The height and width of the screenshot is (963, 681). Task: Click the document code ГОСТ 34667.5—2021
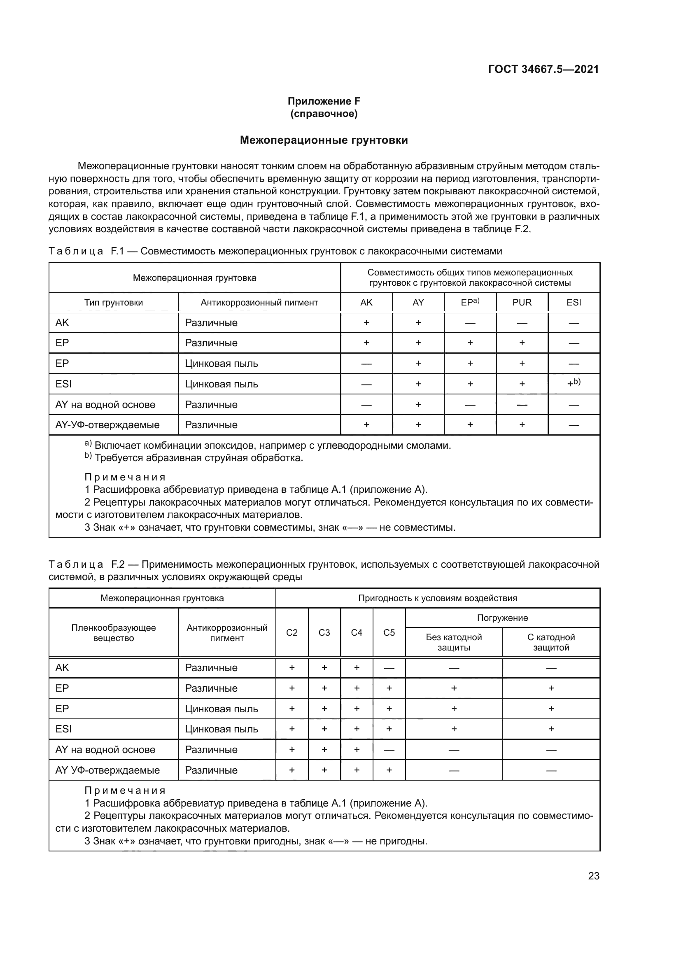[x=543, y=69]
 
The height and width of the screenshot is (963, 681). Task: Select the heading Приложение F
[x=324, y=101]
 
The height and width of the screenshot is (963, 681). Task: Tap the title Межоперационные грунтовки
[x=324, y=140]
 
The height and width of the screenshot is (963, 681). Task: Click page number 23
[x=593, y=876]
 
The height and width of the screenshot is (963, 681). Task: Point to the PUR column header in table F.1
[x=522, y=303]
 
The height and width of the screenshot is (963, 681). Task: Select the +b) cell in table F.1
[x=573, y=383]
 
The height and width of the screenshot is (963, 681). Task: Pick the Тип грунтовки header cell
[x=114, y=303]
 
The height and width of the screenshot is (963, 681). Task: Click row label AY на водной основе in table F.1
[x=105, y=404]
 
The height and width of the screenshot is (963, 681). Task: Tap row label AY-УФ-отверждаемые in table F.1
[x=107, y=424]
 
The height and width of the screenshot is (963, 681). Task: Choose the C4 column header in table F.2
[x=357, y=632]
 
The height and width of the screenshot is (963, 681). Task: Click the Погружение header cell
[x=502, y=618]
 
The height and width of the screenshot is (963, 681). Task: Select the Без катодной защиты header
[x=454, y=642]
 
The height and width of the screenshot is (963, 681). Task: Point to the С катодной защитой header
[x=551, y=642]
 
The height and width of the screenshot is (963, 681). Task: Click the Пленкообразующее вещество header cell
[x=114, y=632]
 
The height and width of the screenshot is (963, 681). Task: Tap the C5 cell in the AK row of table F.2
[x=389, y=668]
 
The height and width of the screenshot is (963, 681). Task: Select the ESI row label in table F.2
[x=64, y=729]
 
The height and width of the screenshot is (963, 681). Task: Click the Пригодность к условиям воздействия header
[x=437, y=598]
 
